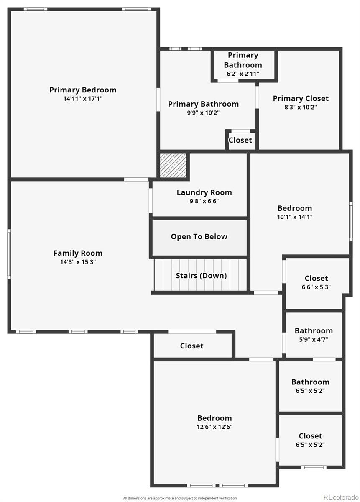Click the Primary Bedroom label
(83, 90)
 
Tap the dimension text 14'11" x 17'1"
(83, 99)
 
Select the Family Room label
(78, 253)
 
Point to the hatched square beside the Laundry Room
(173, 165)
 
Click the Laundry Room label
(204, 192)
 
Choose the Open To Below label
(199, 237)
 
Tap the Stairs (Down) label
(201, 276)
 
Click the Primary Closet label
(301, 98)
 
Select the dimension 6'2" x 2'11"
(243, 74)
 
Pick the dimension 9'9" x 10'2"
(203, 113)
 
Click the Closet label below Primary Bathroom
(240, 140)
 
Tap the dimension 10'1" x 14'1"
(295, 217)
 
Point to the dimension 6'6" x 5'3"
(316, 287)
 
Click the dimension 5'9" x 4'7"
(314, 340)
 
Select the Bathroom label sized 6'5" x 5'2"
(310, 382)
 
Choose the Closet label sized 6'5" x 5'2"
(310, 436)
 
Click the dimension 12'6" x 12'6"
(214, 427)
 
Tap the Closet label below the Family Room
(192, 346)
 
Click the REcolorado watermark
(341, 497)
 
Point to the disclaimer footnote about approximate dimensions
(180, 498)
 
